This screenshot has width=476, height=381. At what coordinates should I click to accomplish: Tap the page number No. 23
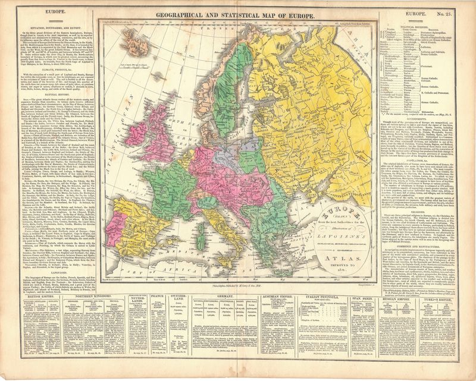(455, 12)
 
